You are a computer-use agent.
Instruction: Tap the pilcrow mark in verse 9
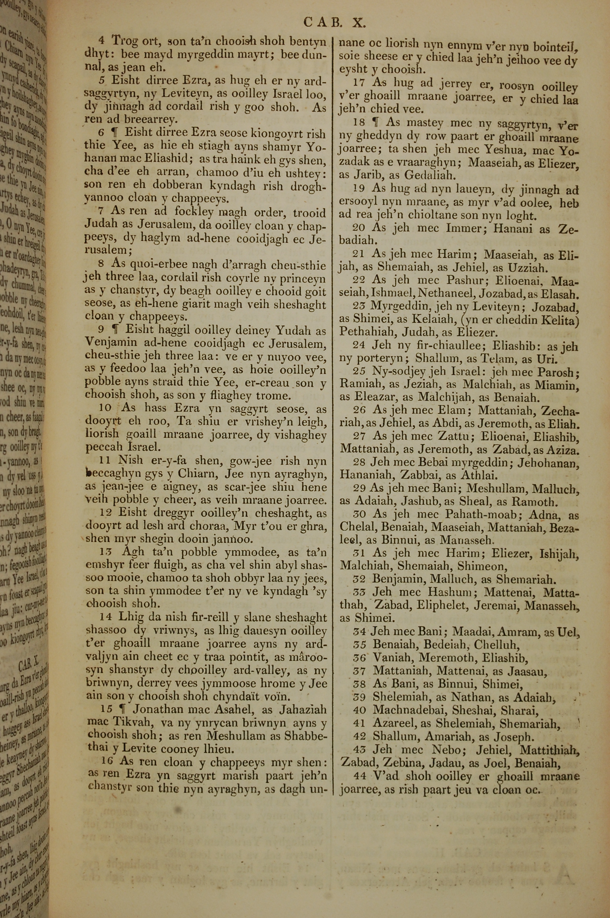coord(114,330)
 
